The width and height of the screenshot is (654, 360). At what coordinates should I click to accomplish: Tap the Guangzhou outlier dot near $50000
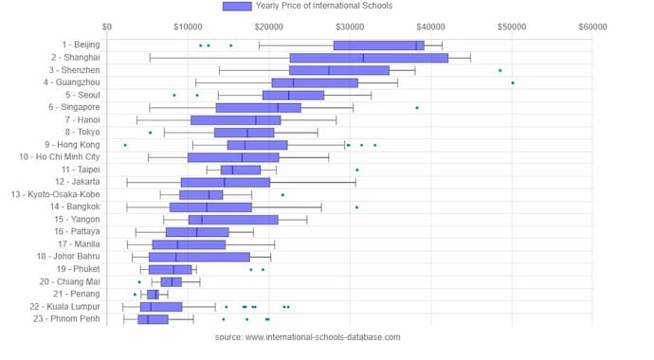[513, 82]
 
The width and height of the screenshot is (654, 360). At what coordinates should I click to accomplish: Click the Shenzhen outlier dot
[500, 70]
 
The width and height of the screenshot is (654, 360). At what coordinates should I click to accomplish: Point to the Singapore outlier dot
[417, 108]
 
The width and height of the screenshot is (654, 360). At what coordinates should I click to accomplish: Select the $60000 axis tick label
[592, 27]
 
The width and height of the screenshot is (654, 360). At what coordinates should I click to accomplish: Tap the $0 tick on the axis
[107, 27]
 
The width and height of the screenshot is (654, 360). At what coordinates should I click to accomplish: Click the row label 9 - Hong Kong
[69, 145]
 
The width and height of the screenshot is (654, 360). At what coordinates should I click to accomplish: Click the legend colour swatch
[237, 7]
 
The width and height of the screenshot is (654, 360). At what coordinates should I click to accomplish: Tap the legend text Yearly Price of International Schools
[323, 7]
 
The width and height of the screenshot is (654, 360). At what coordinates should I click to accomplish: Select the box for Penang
[153, 294]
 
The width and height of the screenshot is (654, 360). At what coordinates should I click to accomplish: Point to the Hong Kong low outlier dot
[125, 145]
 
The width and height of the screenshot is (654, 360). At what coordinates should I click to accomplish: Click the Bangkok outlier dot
[356, 207]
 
